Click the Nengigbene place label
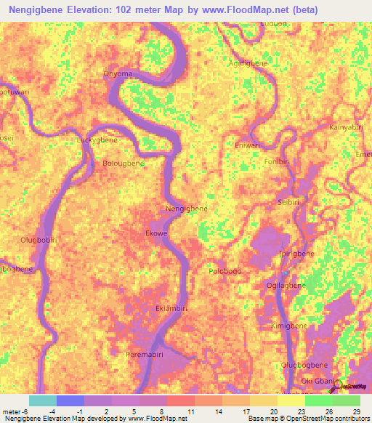[x=187, y=209]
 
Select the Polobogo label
[x=225, y=271]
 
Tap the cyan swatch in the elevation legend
[x=43, y=400]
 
